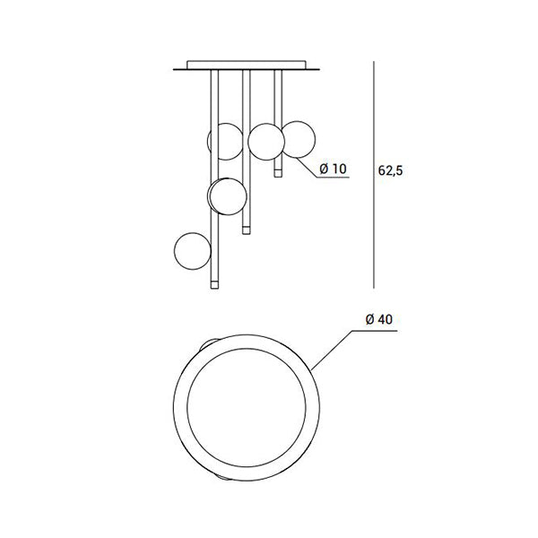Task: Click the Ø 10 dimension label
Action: click(x=333, y=169)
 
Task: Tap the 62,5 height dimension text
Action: click(x=390, y=170)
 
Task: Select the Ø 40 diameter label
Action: click(x=379, y=319)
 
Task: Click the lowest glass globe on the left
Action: click(x=192, y=251)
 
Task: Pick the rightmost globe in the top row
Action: click(x=298, y=139)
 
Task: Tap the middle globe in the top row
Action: click(x=266, y=142)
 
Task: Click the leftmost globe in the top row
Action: click(x=225, y=142)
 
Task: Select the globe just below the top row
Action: click(x=228, y=196)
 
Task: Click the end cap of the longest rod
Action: click(x=214, y=284)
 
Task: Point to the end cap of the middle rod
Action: click(x=246, y=230)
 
